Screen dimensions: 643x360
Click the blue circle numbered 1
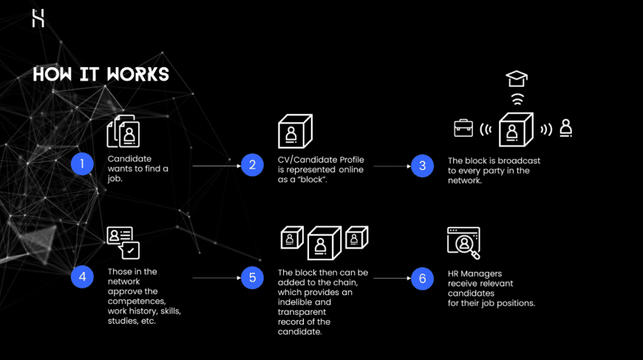point(82,164)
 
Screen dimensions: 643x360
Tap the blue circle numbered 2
point(252,165)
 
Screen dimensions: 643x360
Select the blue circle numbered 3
point(422,166)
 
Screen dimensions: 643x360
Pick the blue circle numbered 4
point(82,276)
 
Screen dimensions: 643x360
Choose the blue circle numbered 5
point(252,278)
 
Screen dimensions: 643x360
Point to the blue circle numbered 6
point(422,279)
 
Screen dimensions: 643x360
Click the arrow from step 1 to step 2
point(217,166)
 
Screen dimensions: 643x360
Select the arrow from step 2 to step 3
point(392,166)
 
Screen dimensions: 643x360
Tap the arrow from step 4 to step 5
point(217,278)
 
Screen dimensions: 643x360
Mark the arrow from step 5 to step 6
point(392,279)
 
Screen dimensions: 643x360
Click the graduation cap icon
point(517,78)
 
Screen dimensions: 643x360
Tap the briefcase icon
point(463,128)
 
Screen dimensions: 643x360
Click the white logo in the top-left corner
point(38,18)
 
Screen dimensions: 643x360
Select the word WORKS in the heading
point(137,74)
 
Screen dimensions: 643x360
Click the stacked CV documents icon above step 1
point(123,131)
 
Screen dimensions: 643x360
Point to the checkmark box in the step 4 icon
point(131,251)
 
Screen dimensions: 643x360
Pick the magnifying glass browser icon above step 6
point(464,242)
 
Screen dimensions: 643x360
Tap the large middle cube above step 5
point(324,243)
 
